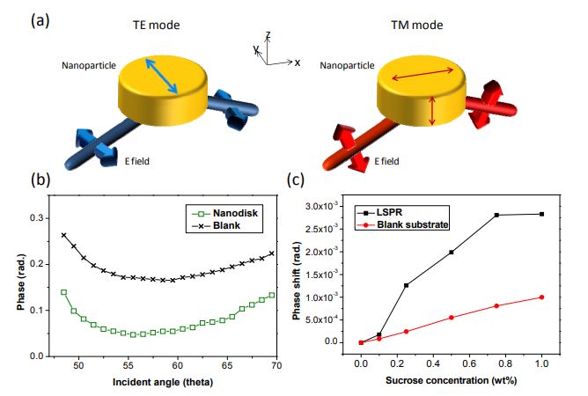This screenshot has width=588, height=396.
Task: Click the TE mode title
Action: tap(156, 26)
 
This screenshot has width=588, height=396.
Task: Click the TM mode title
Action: tap(417, 26)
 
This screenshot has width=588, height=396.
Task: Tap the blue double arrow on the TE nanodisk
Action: tap(162, 76)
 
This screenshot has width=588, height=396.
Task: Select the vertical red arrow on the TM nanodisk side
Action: tap(432, 111)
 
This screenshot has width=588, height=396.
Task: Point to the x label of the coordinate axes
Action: tap(298, 62)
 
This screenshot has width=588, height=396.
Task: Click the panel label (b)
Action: tap(40, 180)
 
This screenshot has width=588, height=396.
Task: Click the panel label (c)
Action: tap(296, 180)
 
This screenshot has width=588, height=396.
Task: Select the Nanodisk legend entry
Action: tap(224, 213)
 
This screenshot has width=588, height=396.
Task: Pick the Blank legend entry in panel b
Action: tap(216, 226)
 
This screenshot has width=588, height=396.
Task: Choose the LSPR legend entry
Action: tap(379, 212)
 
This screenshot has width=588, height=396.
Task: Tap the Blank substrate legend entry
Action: tap(402, 224)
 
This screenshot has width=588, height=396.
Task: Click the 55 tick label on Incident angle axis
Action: tap(129, 365)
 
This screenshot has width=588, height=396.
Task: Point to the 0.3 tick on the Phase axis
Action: tap(37, 218)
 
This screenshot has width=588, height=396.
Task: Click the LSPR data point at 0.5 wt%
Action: tap(452, 253)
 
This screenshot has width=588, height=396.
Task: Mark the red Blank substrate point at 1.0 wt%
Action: tap(541, 297)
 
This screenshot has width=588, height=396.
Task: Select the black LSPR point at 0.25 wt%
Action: tap(406, 285)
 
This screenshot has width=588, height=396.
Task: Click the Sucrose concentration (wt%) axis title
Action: tap(452, 381)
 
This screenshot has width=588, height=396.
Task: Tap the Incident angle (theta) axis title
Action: tap(163, 383)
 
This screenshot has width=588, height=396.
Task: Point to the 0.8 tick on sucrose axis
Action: tap(505, 363)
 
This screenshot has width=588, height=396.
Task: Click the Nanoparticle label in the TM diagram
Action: tap(347, 66)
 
